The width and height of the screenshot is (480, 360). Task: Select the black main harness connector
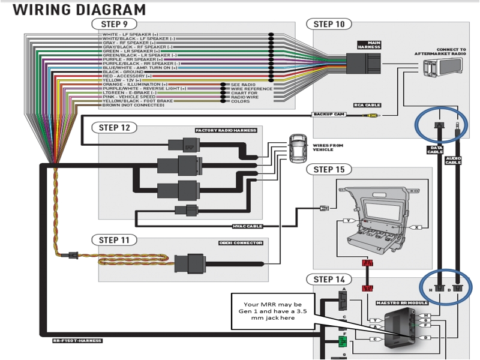(362, 63)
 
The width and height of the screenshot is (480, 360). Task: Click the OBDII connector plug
(192, 263)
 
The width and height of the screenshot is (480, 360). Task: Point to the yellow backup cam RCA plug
(373, 115)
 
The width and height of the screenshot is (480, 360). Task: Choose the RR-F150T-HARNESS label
(76, 341)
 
